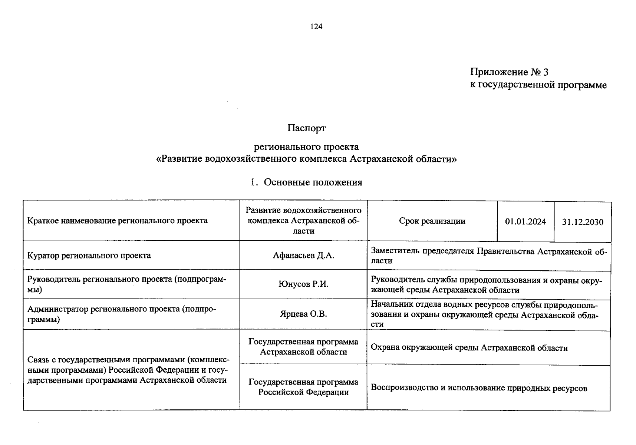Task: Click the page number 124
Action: [316, 27]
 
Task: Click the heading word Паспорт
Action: [306, 128]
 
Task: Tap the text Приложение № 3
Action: [509, 72]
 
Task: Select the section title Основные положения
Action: [313, 182]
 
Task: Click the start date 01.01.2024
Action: [525, 222]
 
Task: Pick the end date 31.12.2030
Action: [582, 222]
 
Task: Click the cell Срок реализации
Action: [432, 221]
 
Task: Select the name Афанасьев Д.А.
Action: [303, 256]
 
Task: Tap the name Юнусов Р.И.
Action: [303, 284]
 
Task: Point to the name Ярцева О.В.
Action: [303, 314]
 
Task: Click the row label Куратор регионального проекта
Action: [89, 256]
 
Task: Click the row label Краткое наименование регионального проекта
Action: [117, 221]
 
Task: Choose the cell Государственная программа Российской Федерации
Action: [303, 387]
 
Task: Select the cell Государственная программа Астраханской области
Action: [303, 347]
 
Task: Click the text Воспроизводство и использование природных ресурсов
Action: [479, 388]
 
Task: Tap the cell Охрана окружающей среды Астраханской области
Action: [469, 348]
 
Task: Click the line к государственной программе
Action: [538, 85]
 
